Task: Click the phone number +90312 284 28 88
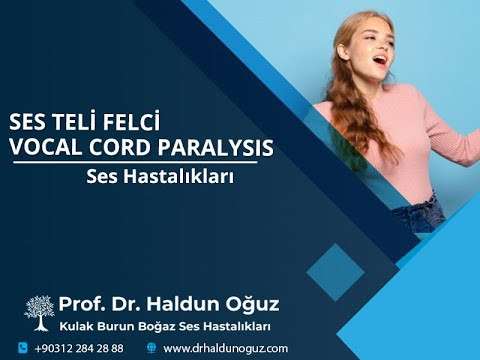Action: [79, 348]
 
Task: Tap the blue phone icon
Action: [22, 348]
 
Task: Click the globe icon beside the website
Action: [152, 348]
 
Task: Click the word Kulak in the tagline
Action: [76, 326]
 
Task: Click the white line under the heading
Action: [140, 163]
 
